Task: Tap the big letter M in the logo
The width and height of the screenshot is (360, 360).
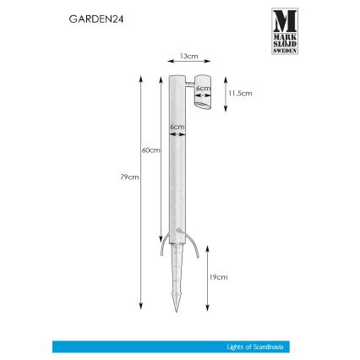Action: point(284,20)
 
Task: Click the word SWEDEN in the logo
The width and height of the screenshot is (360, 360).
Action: point(284,50)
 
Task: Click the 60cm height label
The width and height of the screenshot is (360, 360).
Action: point(150,149)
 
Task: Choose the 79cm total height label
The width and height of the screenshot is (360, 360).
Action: point(129,177)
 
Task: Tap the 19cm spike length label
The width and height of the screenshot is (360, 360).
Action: point(218,275)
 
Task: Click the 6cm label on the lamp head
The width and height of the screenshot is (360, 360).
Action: point(202,87)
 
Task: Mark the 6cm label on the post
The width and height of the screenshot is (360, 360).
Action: point(177,128)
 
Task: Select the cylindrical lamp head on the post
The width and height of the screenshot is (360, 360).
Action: point(203,95)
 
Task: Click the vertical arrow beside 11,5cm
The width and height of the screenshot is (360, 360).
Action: point(225,95)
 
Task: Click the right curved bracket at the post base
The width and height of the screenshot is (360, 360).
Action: point(196,248)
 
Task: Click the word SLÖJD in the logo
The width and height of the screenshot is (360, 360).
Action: point(284,43)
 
